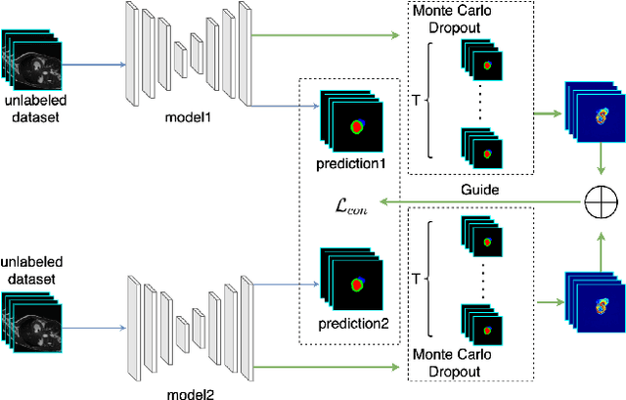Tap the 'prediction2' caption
350,324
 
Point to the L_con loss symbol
348,204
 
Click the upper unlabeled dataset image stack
32,64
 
